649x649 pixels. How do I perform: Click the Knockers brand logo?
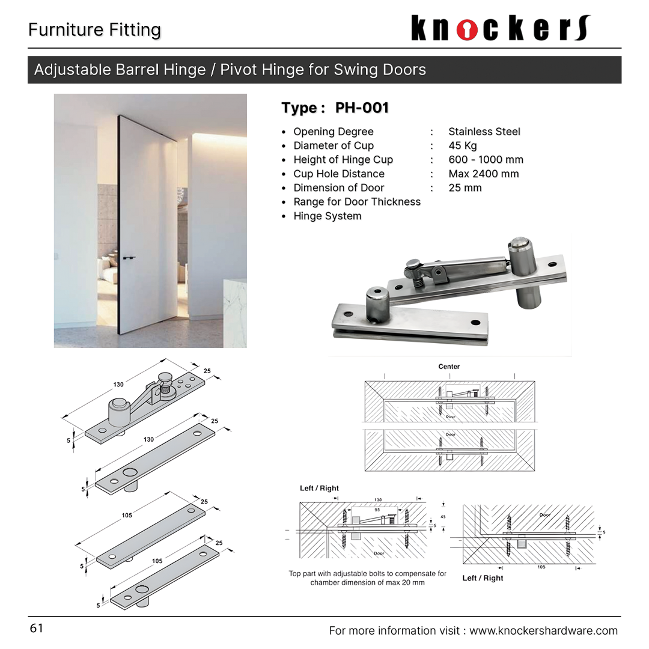tap(501, 28)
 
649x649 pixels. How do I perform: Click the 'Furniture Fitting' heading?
tap(94, 30)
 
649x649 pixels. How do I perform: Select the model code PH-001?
tap(362, 108)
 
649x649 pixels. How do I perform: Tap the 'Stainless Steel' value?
tap(484, 132)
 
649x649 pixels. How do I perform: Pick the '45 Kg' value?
tap(462, 145)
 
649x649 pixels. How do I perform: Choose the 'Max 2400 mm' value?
tap(483, 174)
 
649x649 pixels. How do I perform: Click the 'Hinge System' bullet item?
tap(327, 216)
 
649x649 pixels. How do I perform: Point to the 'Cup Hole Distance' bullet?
tap(338, 174)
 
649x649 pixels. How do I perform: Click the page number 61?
tap(36, 629)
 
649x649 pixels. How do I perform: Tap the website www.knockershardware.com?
tap(543, 630)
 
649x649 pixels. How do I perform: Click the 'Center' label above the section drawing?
tap(449, 366)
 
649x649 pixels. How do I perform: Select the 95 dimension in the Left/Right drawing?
tap(377, 509)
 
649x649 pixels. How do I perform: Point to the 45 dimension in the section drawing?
tap(443, 516)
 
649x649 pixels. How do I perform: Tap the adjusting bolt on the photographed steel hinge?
tap(414, 265)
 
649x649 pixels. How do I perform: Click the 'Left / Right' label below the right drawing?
tap(483, 578)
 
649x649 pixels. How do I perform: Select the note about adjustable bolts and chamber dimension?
tap(367, 578)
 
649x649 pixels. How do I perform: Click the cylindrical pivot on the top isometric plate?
tap(118, 412)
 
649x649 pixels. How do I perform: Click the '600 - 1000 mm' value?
tap(486, 160)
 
